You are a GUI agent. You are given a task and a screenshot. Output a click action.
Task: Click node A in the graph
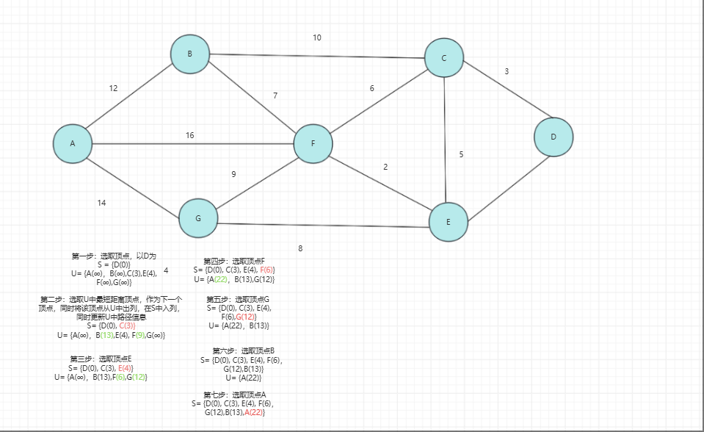point(72,143)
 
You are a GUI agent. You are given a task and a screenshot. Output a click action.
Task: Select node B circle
point(189,54)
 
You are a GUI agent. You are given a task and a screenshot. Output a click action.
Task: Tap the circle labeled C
point(443,58)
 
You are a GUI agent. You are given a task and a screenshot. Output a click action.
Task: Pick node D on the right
point(554,137)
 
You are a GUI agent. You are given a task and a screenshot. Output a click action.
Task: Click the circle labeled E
point(449,222)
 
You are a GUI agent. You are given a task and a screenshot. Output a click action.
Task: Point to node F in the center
point(313,143)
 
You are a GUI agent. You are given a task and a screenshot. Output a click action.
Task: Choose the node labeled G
point(198,219)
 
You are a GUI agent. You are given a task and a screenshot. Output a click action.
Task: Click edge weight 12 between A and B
point(113,88)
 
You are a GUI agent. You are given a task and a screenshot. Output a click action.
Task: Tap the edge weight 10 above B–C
point(316,37)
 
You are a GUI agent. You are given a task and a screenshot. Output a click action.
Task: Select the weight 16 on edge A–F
point(189,135)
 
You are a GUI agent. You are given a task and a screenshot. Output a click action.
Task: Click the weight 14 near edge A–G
point(101,203)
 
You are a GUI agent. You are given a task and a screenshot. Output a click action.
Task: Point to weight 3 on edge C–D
point(507,71)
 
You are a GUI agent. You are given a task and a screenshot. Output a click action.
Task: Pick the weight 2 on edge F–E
point(385,167)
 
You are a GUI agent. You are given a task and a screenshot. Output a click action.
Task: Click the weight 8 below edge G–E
point(300,248)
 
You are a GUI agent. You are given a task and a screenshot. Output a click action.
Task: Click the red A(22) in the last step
point(253,413)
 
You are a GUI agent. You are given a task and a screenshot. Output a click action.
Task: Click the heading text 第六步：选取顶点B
point(243,351)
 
